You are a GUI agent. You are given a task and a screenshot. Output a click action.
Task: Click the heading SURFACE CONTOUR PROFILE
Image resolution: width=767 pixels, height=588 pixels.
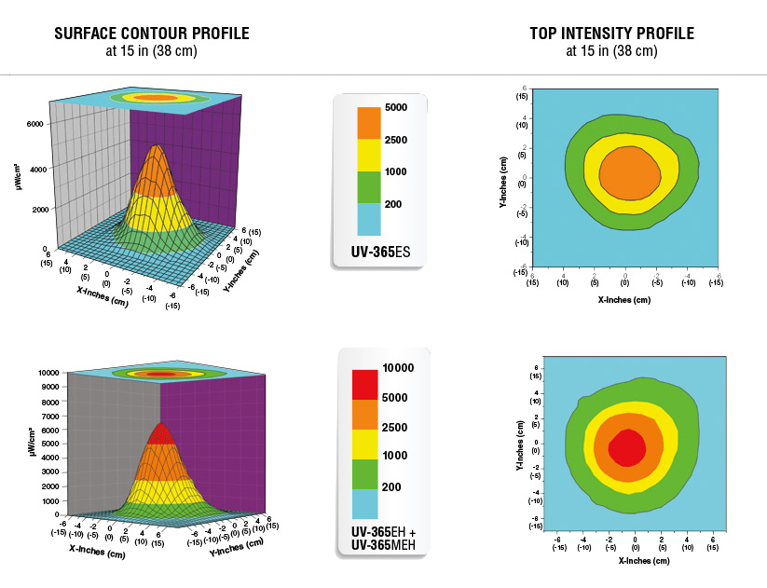[152, 34]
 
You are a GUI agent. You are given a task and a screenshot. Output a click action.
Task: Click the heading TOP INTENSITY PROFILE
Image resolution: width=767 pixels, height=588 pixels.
[611, 34]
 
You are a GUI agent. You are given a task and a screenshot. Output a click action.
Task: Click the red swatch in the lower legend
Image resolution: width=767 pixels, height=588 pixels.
[364, 384]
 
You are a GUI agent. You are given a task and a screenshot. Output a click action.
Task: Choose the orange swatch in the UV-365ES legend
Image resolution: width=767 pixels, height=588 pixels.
[369, 123]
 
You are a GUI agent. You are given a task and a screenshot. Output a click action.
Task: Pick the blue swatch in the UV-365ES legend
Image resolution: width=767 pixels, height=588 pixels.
[369, 218]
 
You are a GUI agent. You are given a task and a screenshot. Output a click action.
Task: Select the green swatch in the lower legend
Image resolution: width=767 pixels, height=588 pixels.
[364, 474]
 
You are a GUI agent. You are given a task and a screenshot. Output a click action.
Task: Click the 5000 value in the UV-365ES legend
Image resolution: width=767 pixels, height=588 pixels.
[396, 108]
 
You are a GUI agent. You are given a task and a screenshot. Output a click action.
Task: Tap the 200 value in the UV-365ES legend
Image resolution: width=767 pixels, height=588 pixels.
[393, 203]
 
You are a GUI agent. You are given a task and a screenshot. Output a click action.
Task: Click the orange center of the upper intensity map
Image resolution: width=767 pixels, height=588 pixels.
[625, 174]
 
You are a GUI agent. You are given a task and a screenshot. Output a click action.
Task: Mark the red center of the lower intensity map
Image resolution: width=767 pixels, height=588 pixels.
[626, 448]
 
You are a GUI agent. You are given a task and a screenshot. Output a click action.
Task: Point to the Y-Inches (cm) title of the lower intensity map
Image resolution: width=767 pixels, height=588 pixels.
[519, 444]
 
